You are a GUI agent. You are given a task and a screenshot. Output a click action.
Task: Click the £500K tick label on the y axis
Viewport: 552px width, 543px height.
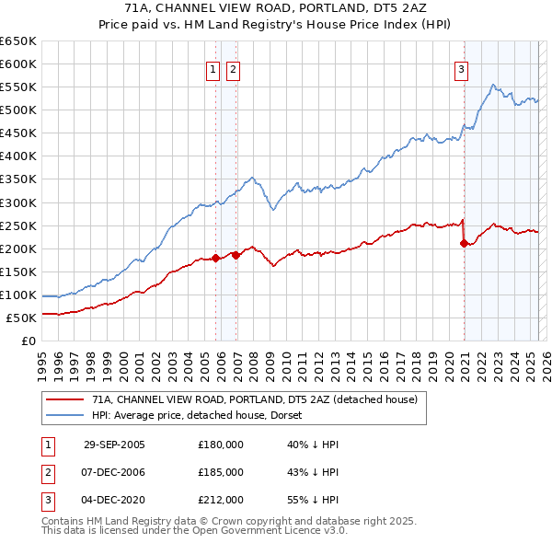(x=18, y=110)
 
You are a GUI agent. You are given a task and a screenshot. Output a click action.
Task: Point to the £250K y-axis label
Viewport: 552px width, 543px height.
(x=18, y=225)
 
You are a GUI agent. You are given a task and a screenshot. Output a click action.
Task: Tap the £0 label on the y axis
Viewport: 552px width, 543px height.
(x=28, y=341)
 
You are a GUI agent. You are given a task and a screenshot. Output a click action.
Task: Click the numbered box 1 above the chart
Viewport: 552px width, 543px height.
(x=213, y=69)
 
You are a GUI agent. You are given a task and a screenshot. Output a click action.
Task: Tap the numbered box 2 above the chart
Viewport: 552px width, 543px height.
(x=232, y=69)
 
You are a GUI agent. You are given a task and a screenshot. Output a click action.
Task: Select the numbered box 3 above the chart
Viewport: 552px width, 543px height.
(x=460, y=69)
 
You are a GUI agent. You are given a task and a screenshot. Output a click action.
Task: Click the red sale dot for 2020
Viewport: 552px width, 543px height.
(x=464, y=243)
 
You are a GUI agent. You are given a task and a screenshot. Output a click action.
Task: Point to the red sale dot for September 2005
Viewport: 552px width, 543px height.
(x=216, y=258)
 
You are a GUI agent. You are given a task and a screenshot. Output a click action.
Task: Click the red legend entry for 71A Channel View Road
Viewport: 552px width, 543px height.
(x=254, y=399)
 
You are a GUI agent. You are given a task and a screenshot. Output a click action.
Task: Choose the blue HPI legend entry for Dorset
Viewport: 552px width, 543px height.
(x=202, y=415)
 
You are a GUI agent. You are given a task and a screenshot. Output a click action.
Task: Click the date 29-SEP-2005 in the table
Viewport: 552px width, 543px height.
(x=114, y=445)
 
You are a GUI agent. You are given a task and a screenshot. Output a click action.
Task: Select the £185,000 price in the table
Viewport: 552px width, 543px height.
(x=221, y=472)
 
